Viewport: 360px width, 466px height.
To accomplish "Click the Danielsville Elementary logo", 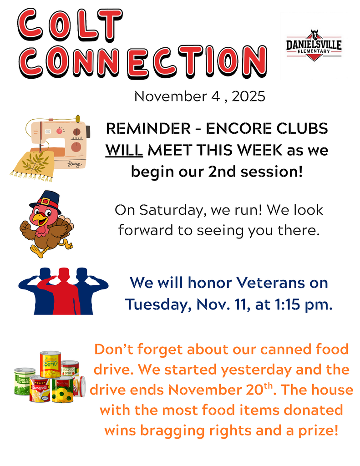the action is (314, 46).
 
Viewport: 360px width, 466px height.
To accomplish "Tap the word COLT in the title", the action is (70, 25).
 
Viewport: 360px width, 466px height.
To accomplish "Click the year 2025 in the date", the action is (248, 96).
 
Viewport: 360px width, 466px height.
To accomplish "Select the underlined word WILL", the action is (124, 150).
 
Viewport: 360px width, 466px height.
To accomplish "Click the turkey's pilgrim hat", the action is (46, 202).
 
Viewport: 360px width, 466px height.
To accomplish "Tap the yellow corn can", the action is (51, 364).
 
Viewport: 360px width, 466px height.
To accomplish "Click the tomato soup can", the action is (70, 369).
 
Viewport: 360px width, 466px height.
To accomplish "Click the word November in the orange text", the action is (204, 390).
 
